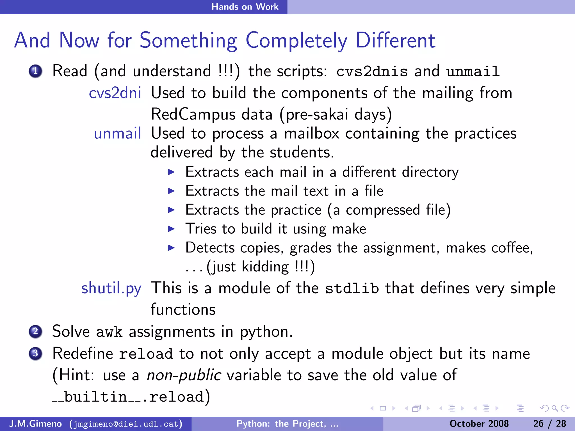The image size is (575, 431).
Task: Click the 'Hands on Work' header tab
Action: [245, 7]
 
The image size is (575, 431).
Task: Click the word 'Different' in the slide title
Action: [395, 41]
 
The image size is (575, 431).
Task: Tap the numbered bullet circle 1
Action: [35, 71]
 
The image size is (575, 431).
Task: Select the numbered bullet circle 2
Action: [35, 332]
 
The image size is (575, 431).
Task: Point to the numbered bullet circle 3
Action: [35, 354]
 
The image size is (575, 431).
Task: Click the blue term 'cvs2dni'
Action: [115, 93]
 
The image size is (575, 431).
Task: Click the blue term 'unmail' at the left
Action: [117, 134]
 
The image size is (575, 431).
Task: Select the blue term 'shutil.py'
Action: [111, 288]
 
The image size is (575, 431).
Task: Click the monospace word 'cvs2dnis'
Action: [372, 71]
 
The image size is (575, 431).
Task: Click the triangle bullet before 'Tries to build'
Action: [171, 229]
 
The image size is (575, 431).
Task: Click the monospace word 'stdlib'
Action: [352, 288]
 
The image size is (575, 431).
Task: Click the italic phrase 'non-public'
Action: [184, 375]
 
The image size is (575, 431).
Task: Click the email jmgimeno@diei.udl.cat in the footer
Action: [126, 424]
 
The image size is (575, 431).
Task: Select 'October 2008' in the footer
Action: [479, 424]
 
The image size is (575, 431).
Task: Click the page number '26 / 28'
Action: [549, 424]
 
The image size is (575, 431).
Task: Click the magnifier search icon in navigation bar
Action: [554, 408]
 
